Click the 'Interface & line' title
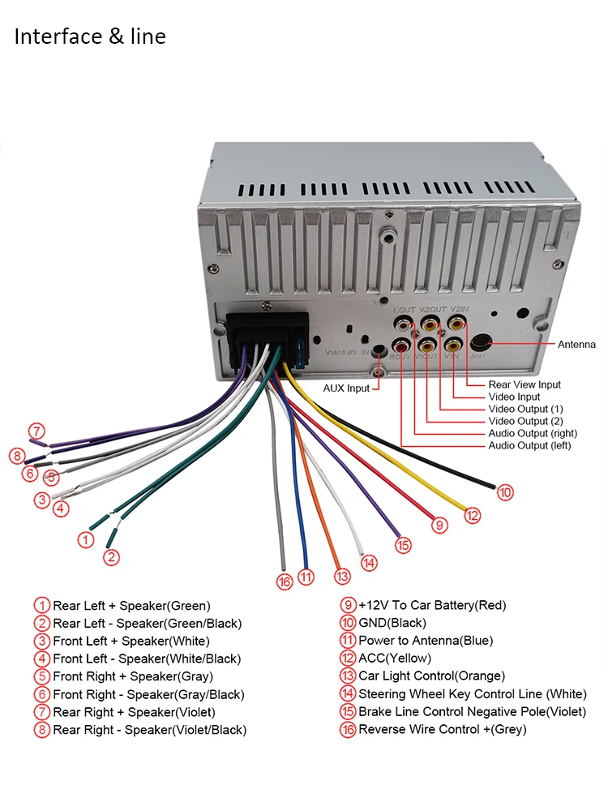pos(90,36)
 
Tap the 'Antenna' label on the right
pos(576,345)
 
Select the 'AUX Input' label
pos(346,388)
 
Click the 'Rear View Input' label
pos(525,384)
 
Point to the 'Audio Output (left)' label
pos(529,445)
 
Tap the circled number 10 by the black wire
pos(505,491)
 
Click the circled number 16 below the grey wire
pos(284,581)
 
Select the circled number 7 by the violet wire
pos(36,431)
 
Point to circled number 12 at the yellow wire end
pos(473,514)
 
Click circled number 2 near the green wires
pos(111,557)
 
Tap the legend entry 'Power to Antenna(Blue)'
pos(425,641)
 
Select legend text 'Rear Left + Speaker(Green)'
pos(131,606)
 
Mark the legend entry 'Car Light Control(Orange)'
pos(431,676)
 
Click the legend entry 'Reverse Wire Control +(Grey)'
pos(442,729)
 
